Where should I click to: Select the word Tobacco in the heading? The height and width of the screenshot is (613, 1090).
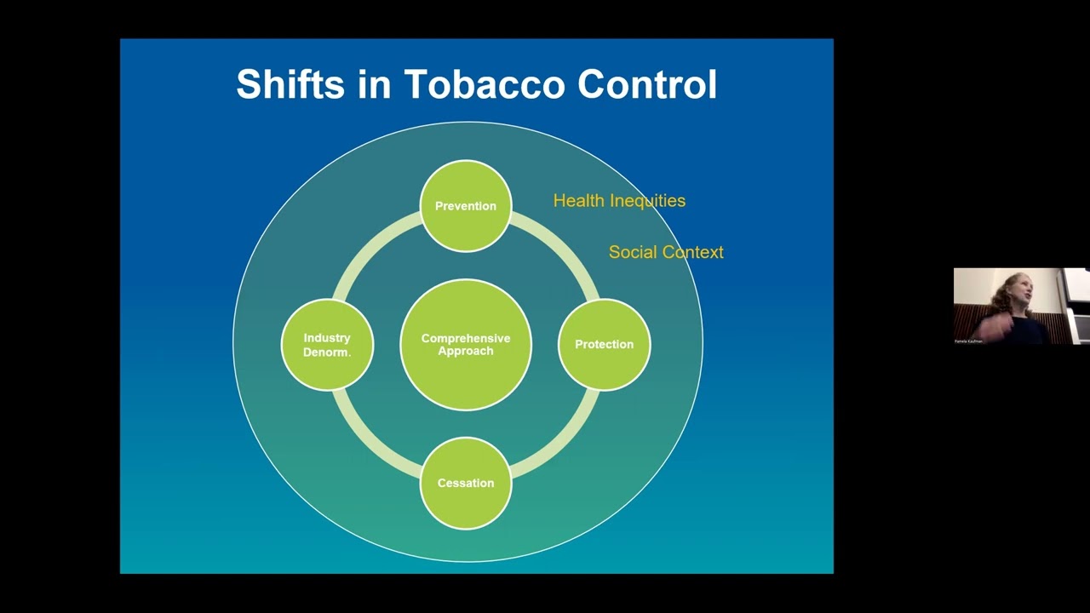[x=484, y=85]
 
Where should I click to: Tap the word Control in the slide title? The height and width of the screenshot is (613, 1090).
[x=647, y=85]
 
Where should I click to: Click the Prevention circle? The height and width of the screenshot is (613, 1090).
[x=466, y=206]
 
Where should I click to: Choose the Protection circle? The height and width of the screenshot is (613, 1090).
[x=604, y=344]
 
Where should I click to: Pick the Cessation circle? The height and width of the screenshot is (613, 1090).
[x=466, y=483]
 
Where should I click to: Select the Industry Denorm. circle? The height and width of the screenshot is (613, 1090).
[x=327, y=344]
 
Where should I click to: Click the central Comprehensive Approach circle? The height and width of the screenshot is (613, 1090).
[x=466, y=344]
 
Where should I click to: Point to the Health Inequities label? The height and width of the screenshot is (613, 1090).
[x=619, y=201]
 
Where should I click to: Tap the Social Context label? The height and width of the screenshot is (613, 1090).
[x=666, y=252]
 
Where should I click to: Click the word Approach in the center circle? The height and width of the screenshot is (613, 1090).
[x=466, y=351]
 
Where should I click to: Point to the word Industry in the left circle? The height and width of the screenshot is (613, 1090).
[x=327, y=338]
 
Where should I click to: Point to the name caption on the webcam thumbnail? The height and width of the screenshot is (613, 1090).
[x=968, y=341]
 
